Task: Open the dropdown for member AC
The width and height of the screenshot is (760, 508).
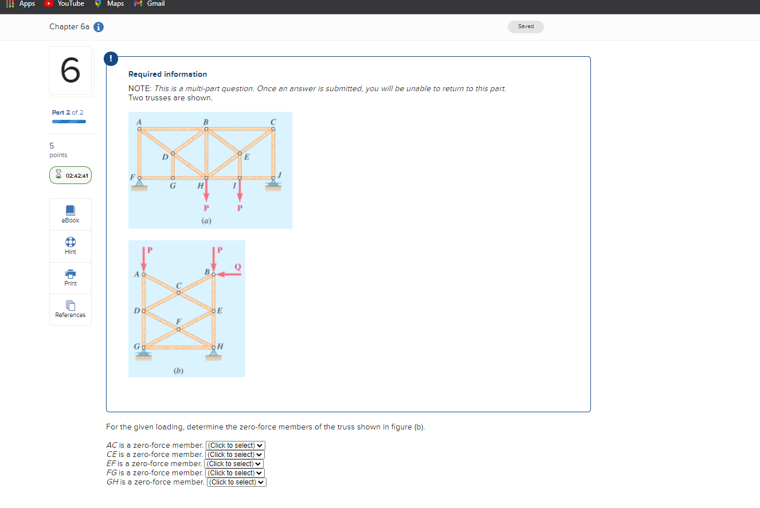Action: pos(235,446)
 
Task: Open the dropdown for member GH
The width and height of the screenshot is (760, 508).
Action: pos(237,482)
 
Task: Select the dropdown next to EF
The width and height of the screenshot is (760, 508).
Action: pos(234,464)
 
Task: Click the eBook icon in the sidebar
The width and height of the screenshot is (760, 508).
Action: pos(70,210)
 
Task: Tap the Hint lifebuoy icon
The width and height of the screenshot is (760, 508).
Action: pos(70,242)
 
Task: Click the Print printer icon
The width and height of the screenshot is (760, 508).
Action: pos(70,274)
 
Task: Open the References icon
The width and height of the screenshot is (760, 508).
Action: pos(70,306)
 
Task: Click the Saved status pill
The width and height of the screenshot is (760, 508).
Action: pos(526,27)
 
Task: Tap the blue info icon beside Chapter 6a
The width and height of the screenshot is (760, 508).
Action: pos(99,27)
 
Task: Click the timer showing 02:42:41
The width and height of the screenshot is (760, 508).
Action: pos(70,175)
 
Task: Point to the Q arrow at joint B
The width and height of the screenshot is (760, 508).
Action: pos(229,274)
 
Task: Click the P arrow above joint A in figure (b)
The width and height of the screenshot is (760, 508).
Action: pos(143,260)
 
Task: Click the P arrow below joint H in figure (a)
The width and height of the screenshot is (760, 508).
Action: pos(206,190)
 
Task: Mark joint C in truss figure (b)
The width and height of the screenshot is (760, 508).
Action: pos(179,292)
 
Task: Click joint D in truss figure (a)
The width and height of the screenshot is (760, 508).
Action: pos(173,154)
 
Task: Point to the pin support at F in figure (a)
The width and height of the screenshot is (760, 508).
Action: pos(139,185)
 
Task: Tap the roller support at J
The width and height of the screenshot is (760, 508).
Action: pos(273,185)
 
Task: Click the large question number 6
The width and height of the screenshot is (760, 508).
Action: pos(70,71)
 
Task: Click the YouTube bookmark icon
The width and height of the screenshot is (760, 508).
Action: pos(49,3)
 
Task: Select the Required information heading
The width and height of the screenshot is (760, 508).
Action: pos(167,75)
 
